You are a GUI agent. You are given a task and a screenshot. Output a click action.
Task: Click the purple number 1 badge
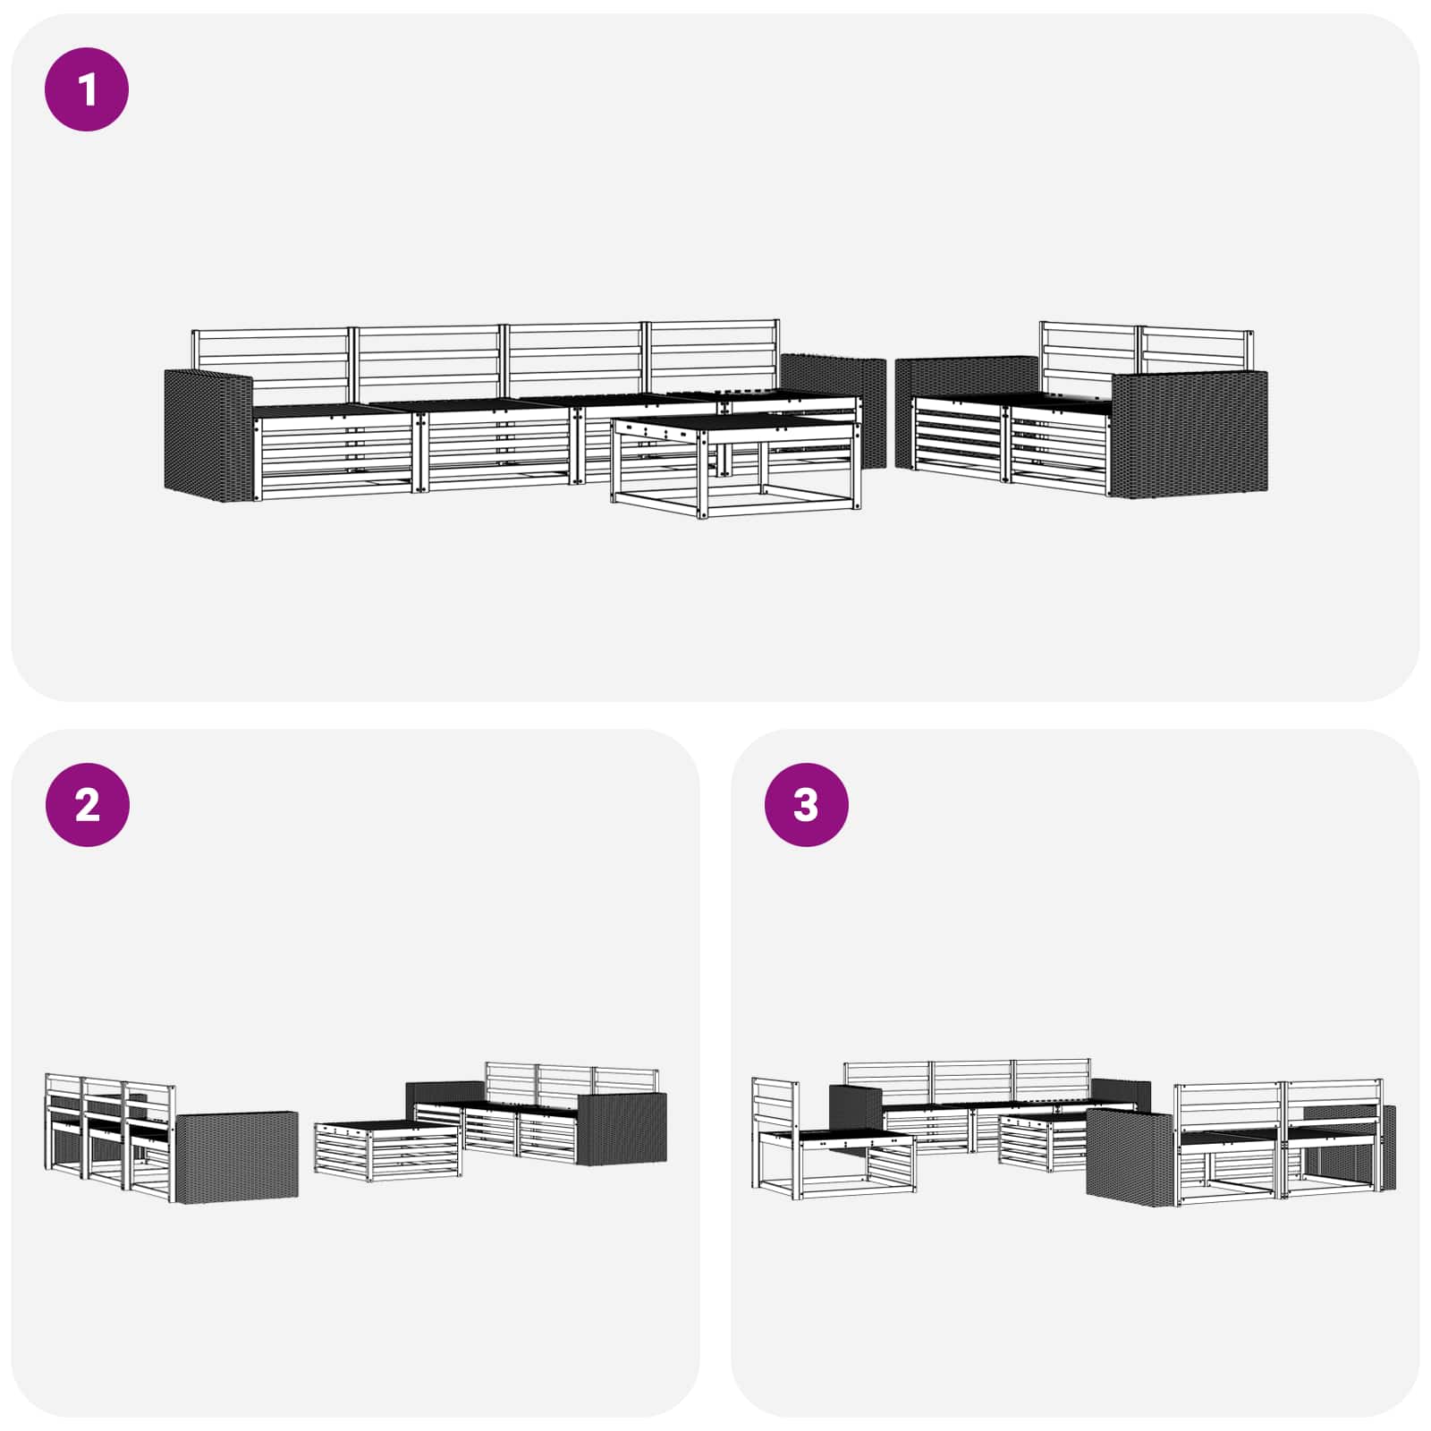[87, 89]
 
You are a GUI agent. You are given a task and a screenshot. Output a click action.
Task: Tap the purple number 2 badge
[87, 805]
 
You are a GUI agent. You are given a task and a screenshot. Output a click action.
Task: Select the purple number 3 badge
[806, 805]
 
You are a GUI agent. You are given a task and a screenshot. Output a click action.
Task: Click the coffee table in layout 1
[736, 465]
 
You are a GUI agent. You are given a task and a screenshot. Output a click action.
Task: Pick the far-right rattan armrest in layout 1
[1189, 434]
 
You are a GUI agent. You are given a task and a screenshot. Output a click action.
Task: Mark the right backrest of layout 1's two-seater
[1195, 350]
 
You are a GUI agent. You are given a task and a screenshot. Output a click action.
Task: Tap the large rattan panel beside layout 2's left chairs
[238, 1156]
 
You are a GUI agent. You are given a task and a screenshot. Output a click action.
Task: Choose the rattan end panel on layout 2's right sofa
[622, 1129]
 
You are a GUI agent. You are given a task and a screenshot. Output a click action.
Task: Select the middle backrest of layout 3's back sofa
[971, 1083]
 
